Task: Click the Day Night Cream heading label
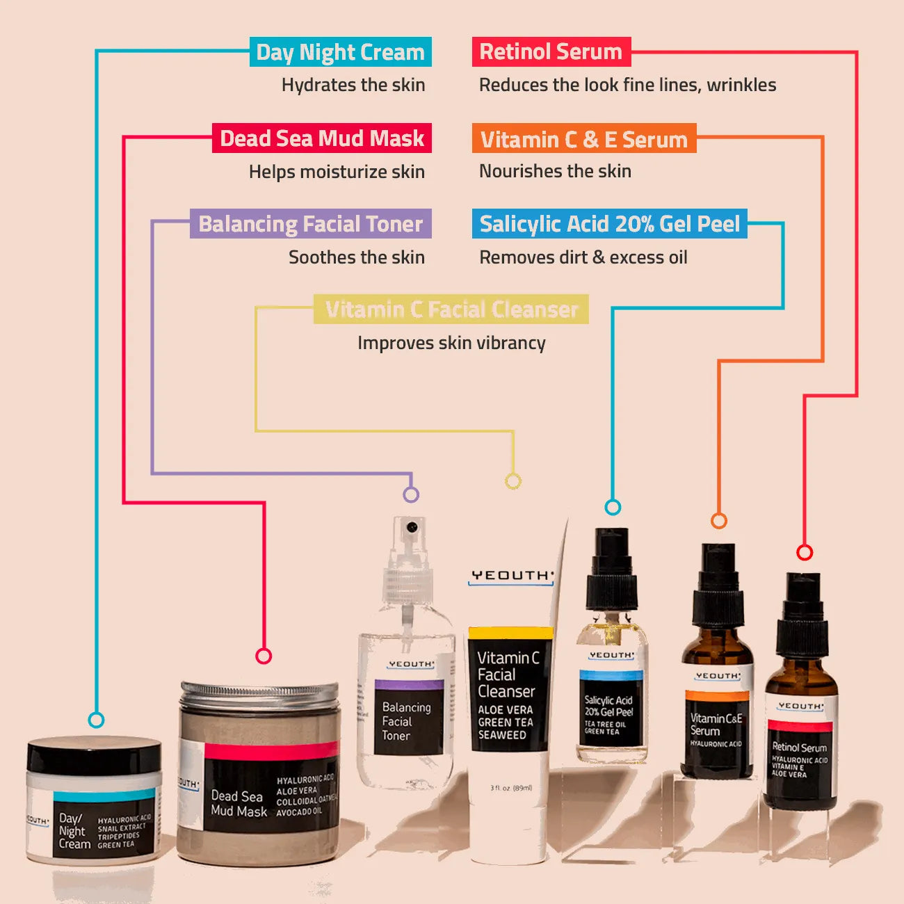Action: (340, 52)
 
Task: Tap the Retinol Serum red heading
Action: (551, 51)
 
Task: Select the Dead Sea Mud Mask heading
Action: (321, 138)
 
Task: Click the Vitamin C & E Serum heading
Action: (583, 139)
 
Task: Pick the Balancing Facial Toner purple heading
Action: (310, 224)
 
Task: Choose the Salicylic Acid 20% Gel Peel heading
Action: (609, 224)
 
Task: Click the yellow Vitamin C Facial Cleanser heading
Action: (451, 309)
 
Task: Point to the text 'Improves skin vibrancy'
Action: (451, 343)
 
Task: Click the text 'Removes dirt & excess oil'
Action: (583, 257)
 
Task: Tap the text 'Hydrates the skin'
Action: (353, 85)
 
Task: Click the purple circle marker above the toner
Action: (411, 494)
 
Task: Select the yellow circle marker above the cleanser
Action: (512, 481)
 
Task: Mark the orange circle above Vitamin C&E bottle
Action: (719, 520)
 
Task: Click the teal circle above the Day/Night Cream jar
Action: (97, 720)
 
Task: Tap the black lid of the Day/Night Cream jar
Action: (94, 757)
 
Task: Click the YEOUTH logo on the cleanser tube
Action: (511, 576)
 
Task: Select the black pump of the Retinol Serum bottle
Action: (803, 615)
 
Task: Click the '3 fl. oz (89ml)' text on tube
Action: (510, 788)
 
